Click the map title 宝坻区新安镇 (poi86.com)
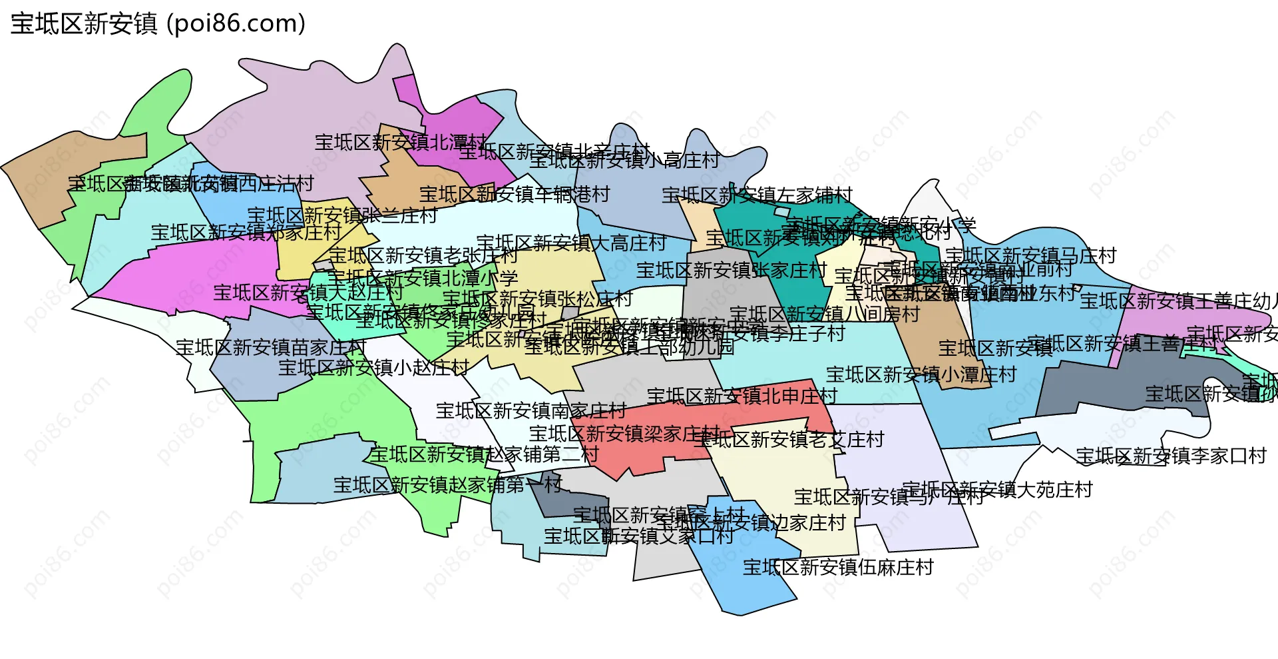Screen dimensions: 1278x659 click(x=158, y=23)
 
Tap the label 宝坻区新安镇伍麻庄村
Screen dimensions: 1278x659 click(x=838, y=568)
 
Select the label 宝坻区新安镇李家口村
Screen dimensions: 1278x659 click(x=1171, y=456)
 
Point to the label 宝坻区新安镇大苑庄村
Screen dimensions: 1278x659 click(x=998, y=490)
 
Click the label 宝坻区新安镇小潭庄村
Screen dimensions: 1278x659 click(x=921, y=375)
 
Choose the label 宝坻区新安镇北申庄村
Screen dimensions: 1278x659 click(x=742, y=396)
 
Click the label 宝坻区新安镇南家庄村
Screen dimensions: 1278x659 click(x=531, y=411)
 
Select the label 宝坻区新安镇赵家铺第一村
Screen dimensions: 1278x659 click(x=448, y=485)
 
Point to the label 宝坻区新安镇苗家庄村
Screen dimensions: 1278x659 click(x=271, y=348)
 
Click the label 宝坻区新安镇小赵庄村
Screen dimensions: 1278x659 click(x=373, y=368)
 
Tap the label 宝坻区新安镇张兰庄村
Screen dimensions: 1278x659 click(x=342, y=216)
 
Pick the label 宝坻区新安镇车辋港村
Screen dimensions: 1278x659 click(x=515, y=195)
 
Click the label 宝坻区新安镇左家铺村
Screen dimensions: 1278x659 click(x=757, y=195)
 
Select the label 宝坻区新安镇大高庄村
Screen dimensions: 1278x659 click(x=571, y=243)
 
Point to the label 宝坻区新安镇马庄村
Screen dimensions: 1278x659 click(x=1030, y=256)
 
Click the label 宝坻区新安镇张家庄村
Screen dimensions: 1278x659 click(x=732, y=271)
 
